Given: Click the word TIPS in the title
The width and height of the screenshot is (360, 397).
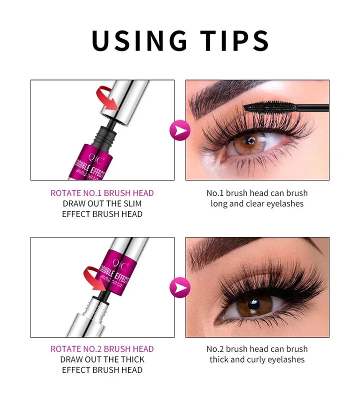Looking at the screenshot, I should click(x=234, y=41).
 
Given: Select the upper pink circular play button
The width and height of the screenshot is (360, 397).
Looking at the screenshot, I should click(x=179, y=130).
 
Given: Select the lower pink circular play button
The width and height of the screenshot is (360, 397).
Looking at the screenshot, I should click(x=179, y=288).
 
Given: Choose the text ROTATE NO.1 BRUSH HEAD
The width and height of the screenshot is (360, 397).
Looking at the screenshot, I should click(x=102, y=193).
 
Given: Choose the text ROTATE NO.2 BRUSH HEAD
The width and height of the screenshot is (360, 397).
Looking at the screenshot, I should click(x=102, y=349).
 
